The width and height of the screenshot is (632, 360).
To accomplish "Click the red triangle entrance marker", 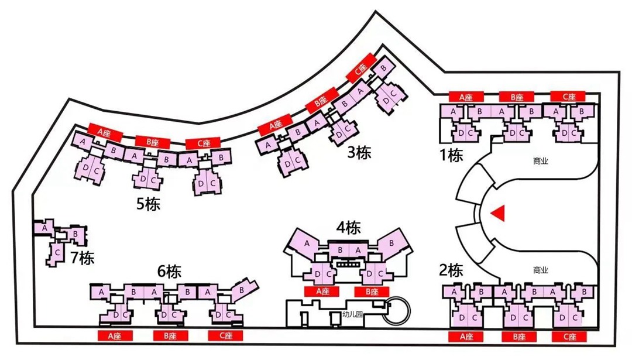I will [x=497, y=214].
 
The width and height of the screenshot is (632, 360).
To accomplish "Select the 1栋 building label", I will [x=452, y=155].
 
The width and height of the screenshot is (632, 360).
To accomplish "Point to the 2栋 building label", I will [x=451, y=270].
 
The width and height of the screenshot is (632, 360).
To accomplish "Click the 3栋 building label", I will [x=359, y=153].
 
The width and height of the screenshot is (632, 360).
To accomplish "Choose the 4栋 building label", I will [x=348, y=228].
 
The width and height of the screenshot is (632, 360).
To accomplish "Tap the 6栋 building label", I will [x=170, y=272].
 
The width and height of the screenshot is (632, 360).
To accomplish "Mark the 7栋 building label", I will [x=82, y=257].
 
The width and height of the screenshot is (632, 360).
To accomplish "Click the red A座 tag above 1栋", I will [x=465, y=97].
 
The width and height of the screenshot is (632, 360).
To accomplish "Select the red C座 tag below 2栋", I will [x=568, y=337].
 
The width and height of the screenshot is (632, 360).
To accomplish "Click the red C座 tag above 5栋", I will [x=202, y=143].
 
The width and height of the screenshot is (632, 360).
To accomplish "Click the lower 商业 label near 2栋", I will [x=541, y=270].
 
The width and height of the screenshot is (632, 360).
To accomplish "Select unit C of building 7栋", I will [x=57, y=252].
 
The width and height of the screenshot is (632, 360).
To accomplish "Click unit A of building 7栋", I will [x=44, y=229].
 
